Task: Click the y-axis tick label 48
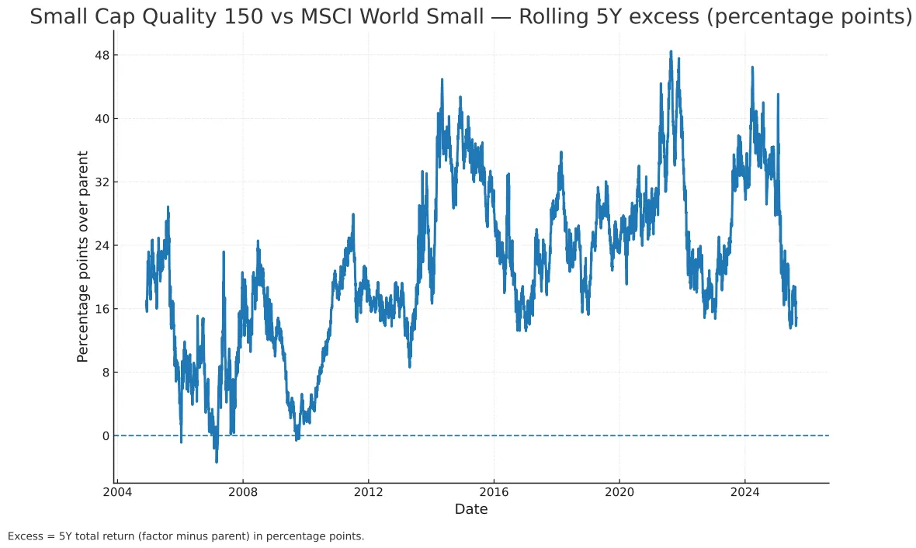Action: coord(101,55)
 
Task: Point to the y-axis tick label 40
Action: coord(101,119)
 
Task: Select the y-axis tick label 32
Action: coord(101,182)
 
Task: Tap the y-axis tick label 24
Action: coord(101,245)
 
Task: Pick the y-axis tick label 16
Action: coord(101,309)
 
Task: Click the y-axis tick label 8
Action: coord(104,373)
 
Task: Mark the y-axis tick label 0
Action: coord(104,435)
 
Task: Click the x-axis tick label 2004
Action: coord(117,491)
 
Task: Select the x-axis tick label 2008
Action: coord(243,491)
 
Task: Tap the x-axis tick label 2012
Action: coord(368,491)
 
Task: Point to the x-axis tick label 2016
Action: coord(494,491)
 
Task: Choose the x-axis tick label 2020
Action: coord(619,491)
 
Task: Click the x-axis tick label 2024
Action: coord(744,491)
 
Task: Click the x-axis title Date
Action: coord(471,509)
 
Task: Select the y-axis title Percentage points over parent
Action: coord(82,256)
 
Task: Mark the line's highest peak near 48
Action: coord(671,52)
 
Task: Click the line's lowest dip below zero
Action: coord(217,462)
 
